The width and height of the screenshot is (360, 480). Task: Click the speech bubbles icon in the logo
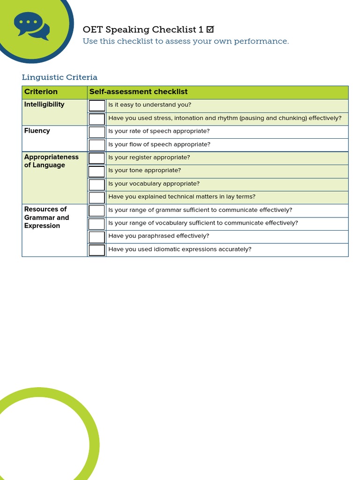tap(31, 25)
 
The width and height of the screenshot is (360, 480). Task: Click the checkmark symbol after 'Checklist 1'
tap(210, 30)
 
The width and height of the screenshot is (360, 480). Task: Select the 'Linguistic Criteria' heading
tap(60, 77)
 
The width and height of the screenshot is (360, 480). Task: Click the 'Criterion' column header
tap(41, 92)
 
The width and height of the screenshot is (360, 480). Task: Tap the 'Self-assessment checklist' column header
tap(138, 92)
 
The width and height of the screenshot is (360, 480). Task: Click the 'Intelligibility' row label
tap(44, 105)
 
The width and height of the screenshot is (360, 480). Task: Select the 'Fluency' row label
tap(37, 131)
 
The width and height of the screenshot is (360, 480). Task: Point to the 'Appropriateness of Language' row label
tap(51, 161)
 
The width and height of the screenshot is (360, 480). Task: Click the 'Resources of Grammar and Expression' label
tap(46, 217)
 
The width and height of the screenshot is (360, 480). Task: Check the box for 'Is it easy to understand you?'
tap(97, 105)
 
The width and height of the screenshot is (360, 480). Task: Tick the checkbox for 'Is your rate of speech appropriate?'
tap(97, 132)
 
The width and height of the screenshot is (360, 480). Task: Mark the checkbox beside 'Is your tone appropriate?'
tap(97, 171)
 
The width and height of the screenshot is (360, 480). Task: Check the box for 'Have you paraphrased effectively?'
tap(97, 237)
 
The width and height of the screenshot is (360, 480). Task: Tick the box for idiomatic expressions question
tap(97, 250)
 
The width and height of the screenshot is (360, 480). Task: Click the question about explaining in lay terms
tap(181, 197)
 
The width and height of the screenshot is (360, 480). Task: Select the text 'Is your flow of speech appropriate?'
tap(159, 144)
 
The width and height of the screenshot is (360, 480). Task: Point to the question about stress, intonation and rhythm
tap(225, 118)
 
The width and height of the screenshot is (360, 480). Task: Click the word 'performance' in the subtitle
tap(264, 41)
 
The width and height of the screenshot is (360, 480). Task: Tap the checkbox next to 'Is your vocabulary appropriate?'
tap(97, 184)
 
